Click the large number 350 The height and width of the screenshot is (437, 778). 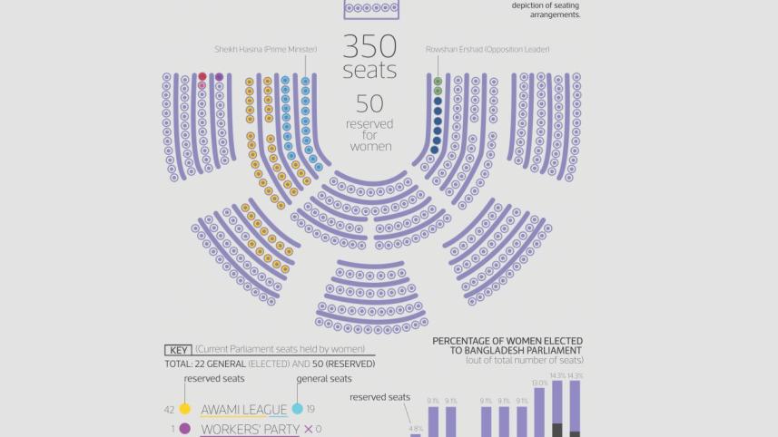coord(369,46)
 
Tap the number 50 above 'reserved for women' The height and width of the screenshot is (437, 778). coord(369,104)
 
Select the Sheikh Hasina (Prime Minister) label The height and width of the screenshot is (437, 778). coord(261,49)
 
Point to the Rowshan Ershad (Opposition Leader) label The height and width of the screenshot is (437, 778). coord(487,49)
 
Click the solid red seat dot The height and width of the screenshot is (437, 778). coord(202,77)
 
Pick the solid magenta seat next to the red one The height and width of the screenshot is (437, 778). coord(219,77)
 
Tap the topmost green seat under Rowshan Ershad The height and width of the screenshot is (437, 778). coord(438,81)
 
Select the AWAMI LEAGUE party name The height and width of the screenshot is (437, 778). coord(243,410)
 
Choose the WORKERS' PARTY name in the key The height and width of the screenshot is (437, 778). coord(250,429)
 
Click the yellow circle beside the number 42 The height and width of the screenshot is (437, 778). coord(185,410)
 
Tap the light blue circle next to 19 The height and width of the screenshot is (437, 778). coord(298,410)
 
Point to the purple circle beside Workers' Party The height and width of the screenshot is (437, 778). coord(185,429)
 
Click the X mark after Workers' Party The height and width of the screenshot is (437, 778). coord(308,429)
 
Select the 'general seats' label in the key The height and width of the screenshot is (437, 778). coord(324,379)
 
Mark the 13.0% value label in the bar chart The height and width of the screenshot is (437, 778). coord(540,384)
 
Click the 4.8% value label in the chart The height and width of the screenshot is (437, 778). coord(416,428)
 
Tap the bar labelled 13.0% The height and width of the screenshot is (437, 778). coord(540,413)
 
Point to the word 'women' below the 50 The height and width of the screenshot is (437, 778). coord(369,147)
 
